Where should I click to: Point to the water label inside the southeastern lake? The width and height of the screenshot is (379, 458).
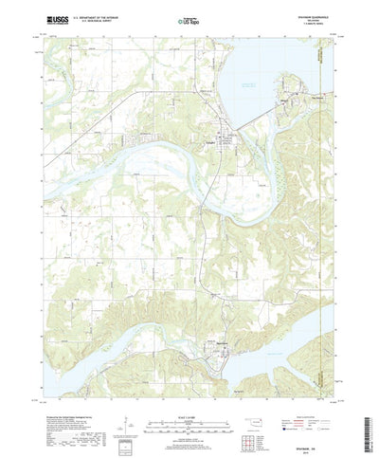(284, 332)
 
